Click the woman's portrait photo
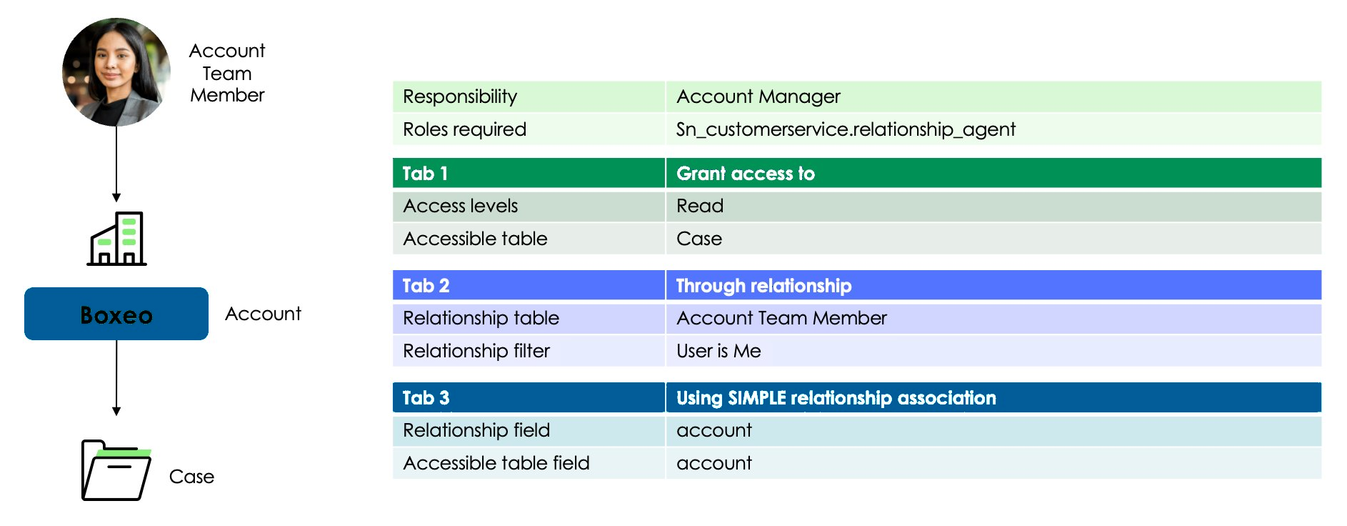116,72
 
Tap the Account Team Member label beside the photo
227,73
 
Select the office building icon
116,239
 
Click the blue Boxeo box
116,314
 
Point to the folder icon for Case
116,470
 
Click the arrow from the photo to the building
116,164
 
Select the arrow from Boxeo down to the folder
116,378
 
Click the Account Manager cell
758,96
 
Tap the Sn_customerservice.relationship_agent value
846,129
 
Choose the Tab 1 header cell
529,173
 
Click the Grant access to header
746,174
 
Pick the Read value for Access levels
700,206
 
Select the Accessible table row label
475,239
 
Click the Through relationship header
763,286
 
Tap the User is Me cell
718,351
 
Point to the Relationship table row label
481,318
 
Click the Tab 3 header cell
529,397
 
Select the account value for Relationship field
714,430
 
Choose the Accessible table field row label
496,463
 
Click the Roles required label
464,129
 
